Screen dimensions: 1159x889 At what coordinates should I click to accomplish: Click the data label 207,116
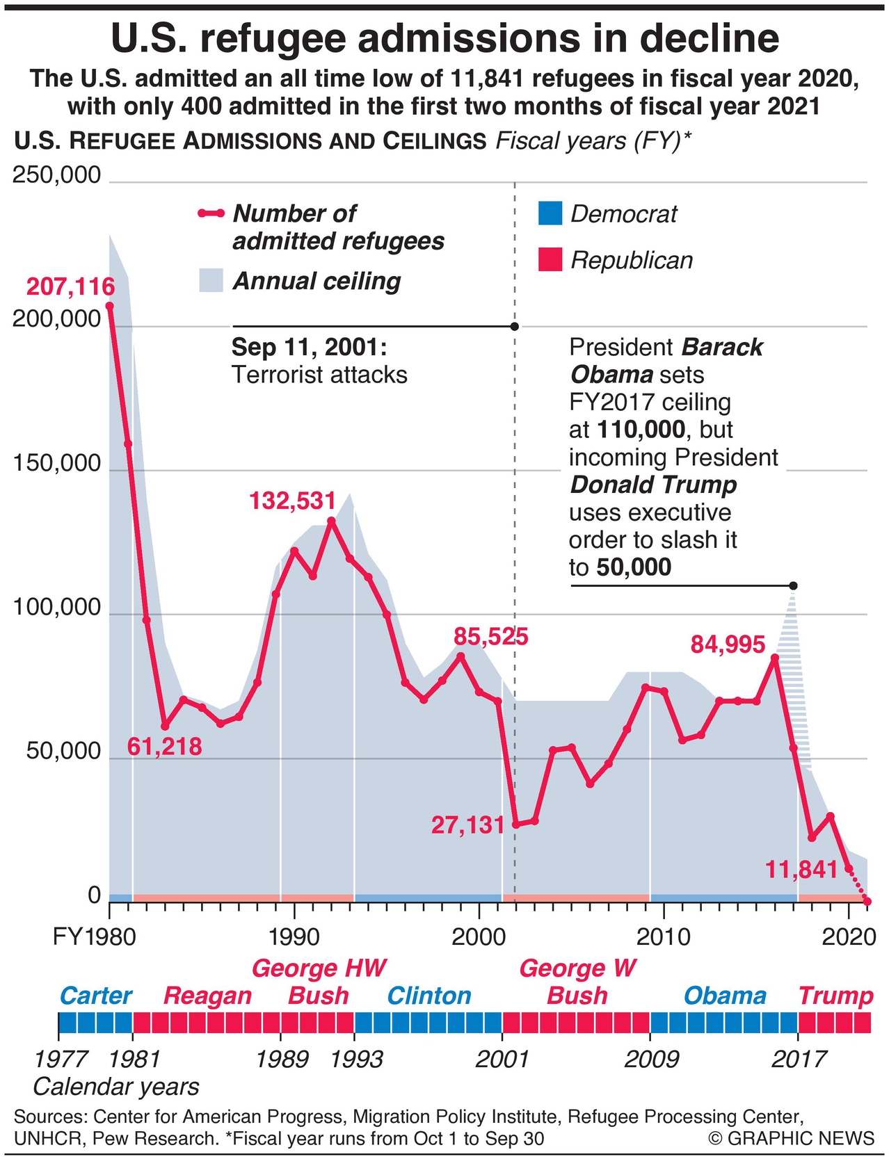(70, 286)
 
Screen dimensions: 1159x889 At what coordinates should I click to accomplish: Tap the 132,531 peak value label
(293, 501)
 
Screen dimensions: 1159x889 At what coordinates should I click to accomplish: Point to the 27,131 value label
(467, 825)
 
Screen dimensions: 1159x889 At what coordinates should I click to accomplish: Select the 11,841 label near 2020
(801, 869)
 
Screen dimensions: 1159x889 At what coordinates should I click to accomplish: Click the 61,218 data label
(165, 747)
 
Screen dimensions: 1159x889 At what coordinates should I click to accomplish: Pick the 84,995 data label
(728, 645)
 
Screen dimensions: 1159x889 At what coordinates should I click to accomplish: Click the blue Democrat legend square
(550, 213)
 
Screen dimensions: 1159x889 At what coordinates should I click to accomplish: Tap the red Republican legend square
(550, 259)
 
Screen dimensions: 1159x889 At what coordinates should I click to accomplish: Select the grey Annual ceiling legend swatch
(211, 280)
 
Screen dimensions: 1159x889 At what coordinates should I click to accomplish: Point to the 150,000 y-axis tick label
(57, 464)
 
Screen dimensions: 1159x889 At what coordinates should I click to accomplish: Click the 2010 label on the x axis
(663, 937)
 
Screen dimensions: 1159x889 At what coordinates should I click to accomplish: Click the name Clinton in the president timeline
(429, 996)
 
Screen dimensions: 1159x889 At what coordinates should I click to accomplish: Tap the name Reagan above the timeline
(207, 996)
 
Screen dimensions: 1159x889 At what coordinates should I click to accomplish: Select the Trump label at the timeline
(835, 996)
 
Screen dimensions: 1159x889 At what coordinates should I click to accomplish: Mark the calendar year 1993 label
(356, 1059)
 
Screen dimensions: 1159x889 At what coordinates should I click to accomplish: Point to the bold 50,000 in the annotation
(634, 567)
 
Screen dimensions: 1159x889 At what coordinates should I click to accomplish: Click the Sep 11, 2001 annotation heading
(309, 346)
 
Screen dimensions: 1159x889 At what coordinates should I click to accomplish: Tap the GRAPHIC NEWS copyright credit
(792, 1138)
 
